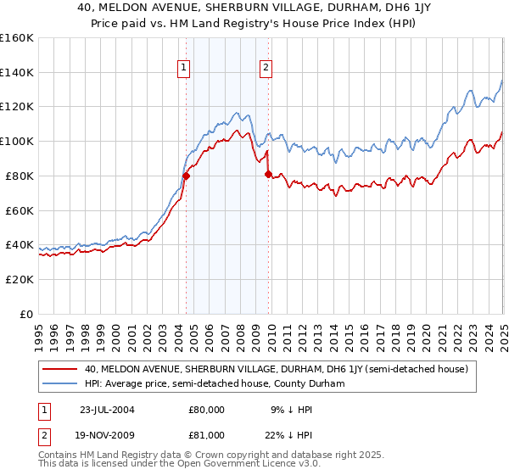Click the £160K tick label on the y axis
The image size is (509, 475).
(x=17, y=38)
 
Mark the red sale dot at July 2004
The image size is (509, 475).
(x=186, y=176)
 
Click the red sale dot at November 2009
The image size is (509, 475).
(x=268, y=174)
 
